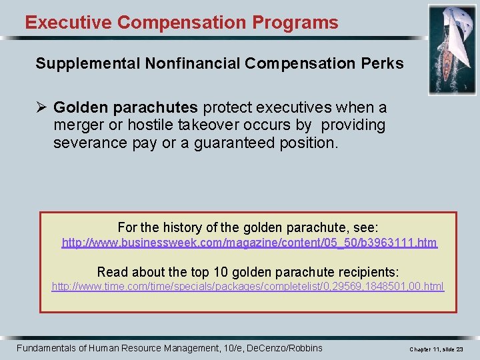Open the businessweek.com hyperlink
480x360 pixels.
[249, 243]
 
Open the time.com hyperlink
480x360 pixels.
[248, 287]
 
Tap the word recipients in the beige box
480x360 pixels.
[368, 271]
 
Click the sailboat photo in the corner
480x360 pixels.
[452, 50]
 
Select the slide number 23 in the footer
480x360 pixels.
[459, 349]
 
